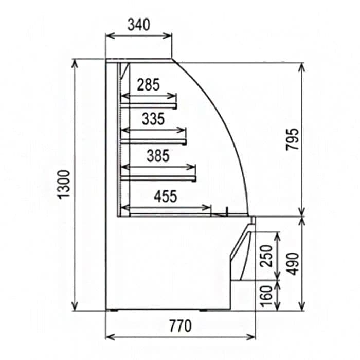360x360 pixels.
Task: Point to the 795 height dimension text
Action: (292, 139)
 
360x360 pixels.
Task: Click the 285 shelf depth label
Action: (149, 84)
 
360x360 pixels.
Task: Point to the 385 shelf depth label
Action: (157, 155)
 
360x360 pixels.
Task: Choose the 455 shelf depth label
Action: (165, 196)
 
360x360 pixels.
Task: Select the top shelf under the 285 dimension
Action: (149, 106)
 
